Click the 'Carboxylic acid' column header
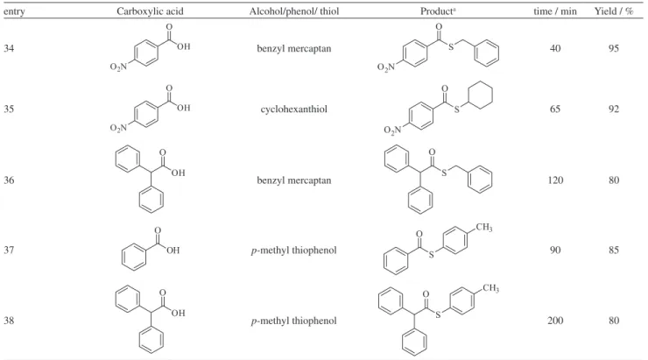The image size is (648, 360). pos(150,11)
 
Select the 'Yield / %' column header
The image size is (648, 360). pos(614,11)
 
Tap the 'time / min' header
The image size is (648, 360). pos(555,11)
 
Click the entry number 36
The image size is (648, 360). pos(9,180)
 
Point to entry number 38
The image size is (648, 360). pos(9,321)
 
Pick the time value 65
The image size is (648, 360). pos(555,109)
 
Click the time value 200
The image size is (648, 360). pos(555,321)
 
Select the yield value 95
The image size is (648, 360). pos(614,48)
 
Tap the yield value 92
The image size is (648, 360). pos(614,109)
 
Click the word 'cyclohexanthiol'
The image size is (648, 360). pos(294,109)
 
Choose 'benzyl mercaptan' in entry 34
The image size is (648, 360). pos(294,49)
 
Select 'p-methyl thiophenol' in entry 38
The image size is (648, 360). pos(294,321)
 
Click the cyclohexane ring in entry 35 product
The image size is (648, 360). pos(481,82)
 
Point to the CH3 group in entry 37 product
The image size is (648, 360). pos(484,228)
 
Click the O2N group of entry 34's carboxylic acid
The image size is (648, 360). pos(118,67)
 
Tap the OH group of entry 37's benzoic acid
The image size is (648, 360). pos(173,250)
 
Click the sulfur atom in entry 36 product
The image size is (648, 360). pos(444,173)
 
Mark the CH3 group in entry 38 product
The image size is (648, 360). pos(490,288)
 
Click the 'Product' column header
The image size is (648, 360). pos(438,11)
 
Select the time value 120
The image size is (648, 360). pos(555,180)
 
